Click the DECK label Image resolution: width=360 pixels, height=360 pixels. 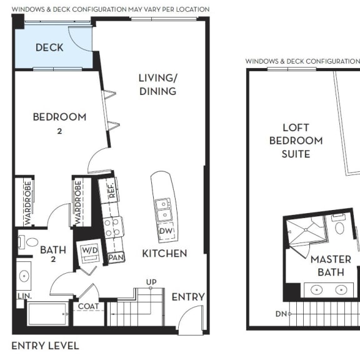[49, 47]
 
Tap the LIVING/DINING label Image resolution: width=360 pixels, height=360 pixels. [157, 84]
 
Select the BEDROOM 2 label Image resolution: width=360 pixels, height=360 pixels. [59, 121]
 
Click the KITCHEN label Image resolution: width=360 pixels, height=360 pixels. [164, 253]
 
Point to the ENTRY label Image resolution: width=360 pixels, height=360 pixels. [188, 296]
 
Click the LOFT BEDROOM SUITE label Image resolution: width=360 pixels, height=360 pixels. [296, 141]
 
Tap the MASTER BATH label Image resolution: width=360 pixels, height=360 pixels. [331, 266]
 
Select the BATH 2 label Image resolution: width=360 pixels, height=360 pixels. [53, 254]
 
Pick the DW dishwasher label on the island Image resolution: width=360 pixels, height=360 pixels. [166, 231]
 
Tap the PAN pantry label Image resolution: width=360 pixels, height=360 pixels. [116, 257]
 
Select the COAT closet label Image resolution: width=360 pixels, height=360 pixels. [88, 306]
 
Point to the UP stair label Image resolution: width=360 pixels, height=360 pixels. [151, 282]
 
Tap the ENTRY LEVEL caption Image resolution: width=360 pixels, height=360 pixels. [46, 346]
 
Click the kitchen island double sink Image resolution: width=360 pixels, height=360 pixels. [162, 209]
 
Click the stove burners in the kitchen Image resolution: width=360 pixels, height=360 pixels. [112, 226]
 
